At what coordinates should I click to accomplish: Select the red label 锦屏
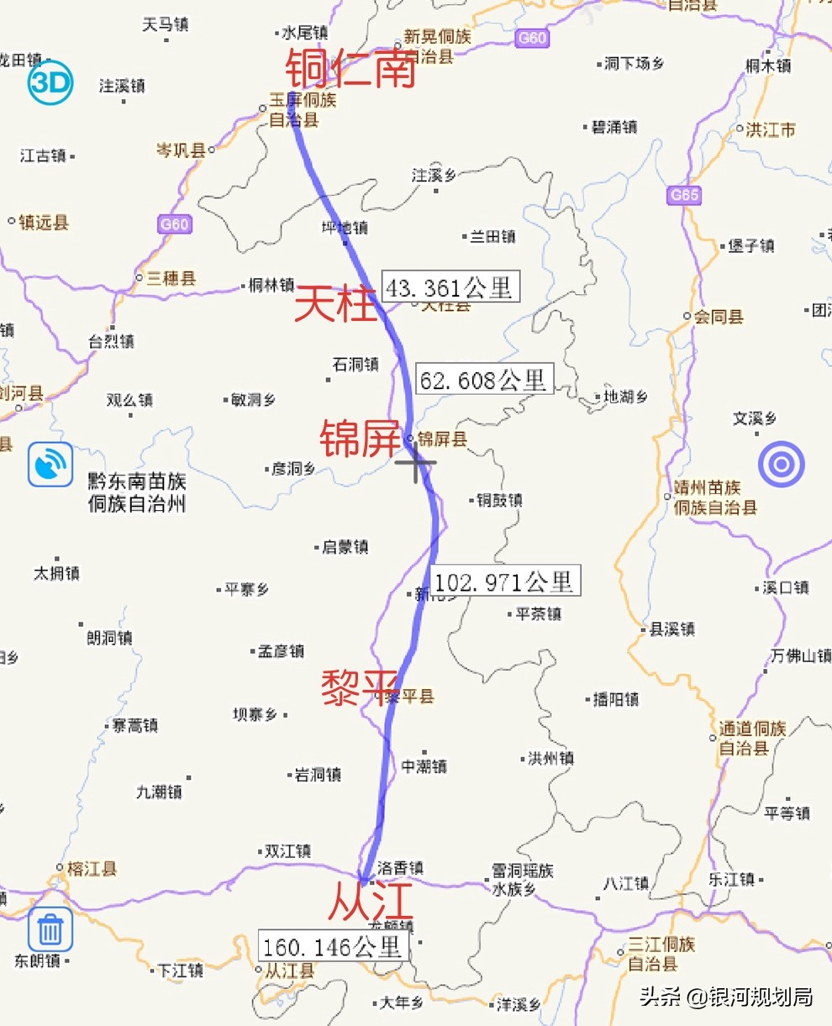point(359,439)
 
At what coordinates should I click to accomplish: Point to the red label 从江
point(371,900)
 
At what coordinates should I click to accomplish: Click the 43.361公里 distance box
point(450,287)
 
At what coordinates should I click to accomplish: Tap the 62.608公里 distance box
point(483,380)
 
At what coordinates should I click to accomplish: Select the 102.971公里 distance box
point(504,581)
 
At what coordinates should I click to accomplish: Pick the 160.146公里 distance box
point(334,947)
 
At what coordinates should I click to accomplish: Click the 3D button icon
point(50,83)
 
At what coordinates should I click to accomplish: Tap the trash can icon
point(50,930)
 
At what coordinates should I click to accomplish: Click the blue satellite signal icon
point(50,465)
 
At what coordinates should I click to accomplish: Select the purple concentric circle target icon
point(782,465)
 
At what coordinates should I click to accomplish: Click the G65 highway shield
point(684,195)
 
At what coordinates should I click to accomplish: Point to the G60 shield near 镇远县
point(174,224)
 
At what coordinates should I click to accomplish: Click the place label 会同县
point(719,317)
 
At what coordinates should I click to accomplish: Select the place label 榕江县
point(92,869)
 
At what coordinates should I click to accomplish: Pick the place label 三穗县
point(171,278)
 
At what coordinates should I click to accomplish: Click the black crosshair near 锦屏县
point(416,463)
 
